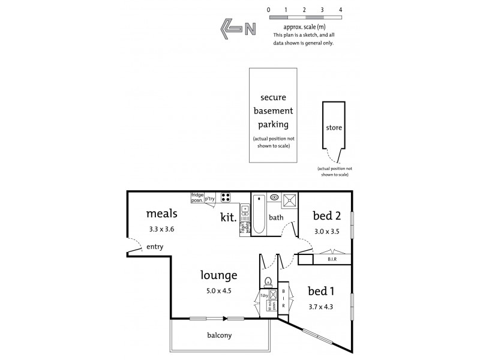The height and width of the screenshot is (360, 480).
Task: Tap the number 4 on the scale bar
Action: tap(341, 10)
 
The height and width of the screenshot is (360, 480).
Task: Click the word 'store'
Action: tap(334, 127)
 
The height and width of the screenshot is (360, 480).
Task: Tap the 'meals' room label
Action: tap(160, 213)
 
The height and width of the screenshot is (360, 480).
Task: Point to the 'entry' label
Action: tap(155, 247)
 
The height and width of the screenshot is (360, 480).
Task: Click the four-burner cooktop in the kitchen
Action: tap(226, 197)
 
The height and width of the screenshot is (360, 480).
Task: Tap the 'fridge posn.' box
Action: tap(197, 197)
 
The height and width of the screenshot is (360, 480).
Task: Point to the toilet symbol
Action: tap(268, 281)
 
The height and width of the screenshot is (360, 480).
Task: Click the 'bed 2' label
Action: tap(326, 215)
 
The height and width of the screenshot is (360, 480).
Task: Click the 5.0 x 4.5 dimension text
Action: tap(218, 291)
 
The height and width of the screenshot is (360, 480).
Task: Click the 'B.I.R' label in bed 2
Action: tap(332, 259)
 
